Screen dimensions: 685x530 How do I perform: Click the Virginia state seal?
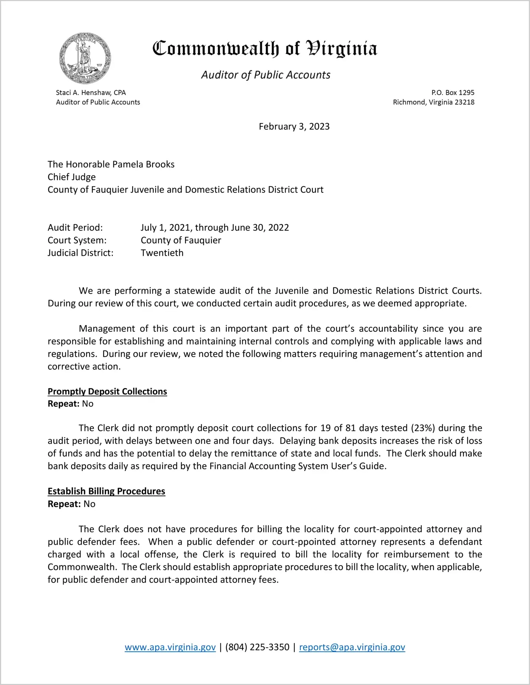point(85,58)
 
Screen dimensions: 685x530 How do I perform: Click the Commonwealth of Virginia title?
point(265,49)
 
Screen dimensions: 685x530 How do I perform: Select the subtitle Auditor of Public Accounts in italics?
point(266,75)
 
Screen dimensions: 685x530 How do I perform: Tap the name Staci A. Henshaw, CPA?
point(91,93)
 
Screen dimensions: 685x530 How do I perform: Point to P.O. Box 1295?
point(453,93)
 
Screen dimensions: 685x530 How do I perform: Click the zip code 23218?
point(464,102)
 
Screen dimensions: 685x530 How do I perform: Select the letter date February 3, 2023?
point(294,127)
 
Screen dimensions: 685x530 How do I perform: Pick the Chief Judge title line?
point(72,177)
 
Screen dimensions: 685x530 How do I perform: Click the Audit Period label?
point(75,227)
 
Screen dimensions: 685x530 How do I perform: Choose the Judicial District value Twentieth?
point(162,253)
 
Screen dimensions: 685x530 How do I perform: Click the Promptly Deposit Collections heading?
point(107,391)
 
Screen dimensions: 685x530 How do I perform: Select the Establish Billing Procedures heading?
point(106,491)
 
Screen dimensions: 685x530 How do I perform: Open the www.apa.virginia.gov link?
point(170,647)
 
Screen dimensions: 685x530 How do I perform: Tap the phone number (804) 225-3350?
point(257,647)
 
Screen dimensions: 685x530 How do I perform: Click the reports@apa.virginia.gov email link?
point(352,647)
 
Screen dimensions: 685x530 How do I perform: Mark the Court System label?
point(77,240)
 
